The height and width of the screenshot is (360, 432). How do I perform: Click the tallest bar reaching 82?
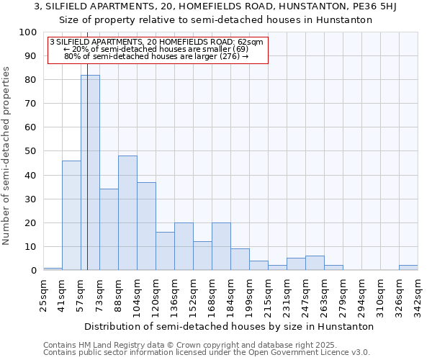(90, 173)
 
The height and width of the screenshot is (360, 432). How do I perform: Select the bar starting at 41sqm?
(71, 215)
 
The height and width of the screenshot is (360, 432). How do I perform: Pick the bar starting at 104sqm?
(146, 226)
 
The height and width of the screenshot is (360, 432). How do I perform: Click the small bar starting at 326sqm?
(408, 268)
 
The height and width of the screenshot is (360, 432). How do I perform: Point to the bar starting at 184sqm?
(240, 259)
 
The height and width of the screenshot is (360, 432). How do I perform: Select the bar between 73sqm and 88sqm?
(109, 230)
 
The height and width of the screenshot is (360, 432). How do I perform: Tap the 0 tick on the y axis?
(34, 270)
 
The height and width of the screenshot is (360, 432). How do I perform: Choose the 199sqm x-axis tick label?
(249, 296)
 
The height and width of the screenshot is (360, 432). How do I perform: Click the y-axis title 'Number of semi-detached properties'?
(7, 156)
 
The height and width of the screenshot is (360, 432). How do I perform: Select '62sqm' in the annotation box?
(251, 42)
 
